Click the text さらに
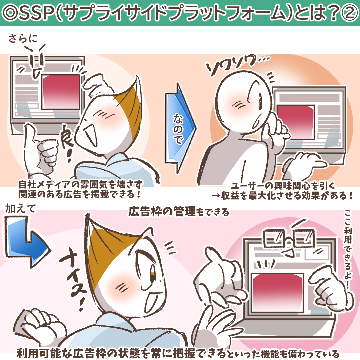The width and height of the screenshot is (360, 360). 23,38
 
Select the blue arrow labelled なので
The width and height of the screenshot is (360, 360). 180,128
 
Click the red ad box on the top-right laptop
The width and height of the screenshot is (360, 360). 295,122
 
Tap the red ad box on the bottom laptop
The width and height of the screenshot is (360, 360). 277,293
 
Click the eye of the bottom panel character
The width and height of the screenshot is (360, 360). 153,274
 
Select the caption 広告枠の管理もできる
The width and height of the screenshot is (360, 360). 179,211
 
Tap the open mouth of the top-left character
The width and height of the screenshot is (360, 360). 90,135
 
